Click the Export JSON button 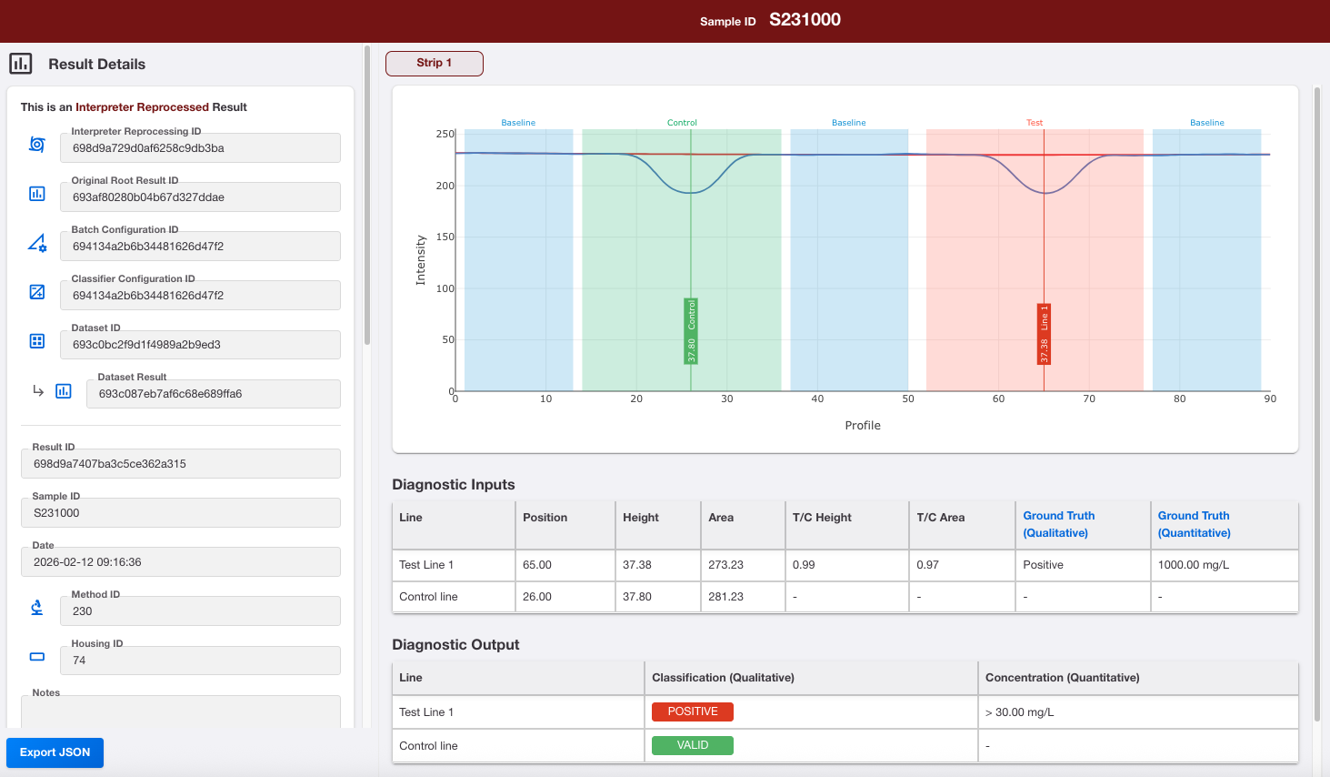55,752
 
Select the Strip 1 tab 434,63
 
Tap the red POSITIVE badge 693,711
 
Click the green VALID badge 693,745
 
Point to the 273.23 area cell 725,564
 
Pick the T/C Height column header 822,518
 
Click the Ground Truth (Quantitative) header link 1194,524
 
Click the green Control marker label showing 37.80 691,331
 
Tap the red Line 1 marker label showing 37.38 1044,334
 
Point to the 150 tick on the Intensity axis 445,237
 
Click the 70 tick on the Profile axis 1089,399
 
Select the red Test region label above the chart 1035,122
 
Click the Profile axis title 862,425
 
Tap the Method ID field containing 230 200,610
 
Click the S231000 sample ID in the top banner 805,20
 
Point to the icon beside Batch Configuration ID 37,243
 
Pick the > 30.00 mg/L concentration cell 1019,711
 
